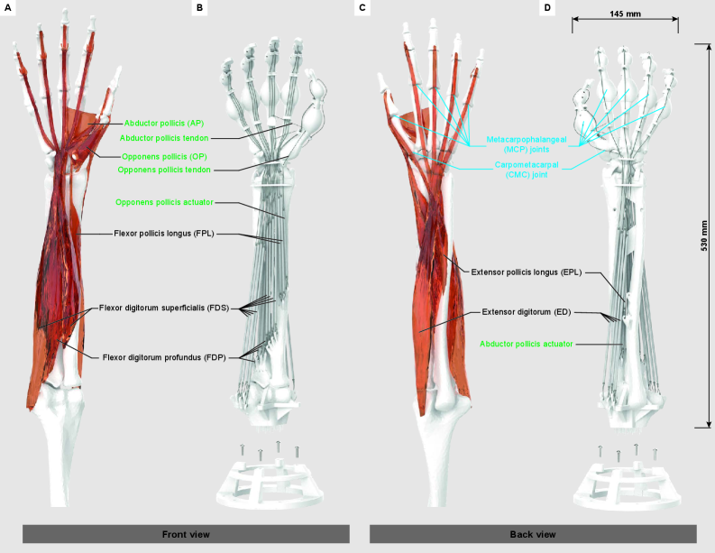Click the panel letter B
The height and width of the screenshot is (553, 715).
[201, 8]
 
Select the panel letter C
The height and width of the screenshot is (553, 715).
[362, 8]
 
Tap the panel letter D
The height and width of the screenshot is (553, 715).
[546, 8]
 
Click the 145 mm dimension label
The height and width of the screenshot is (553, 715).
[624, 14]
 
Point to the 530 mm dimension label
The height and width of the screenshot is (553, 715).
[704, 234]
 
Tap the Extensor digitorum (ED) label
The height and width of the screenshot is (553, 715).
[524, 312]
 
